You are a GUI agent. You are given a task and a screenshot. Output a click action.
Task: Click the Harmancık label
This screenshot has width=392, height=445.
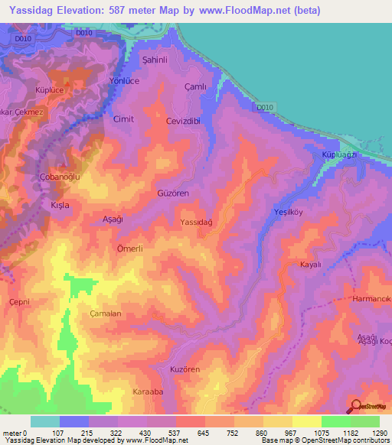pyautogui.click(x=373, y=298)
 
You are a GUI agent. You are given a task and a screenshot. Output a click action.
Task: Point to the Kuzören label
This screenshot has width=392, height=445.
pyautogui.click(x=184, y=369)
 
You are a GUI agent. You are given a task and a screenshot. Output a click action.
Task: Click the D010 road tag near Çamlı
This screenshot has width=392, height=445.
pyautogui.click(x=265, y=107)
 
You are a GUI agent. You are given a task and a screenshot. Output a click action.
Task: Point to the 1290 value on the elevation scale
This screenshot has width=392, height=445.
pyautogui.click(x=378, y=434)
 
